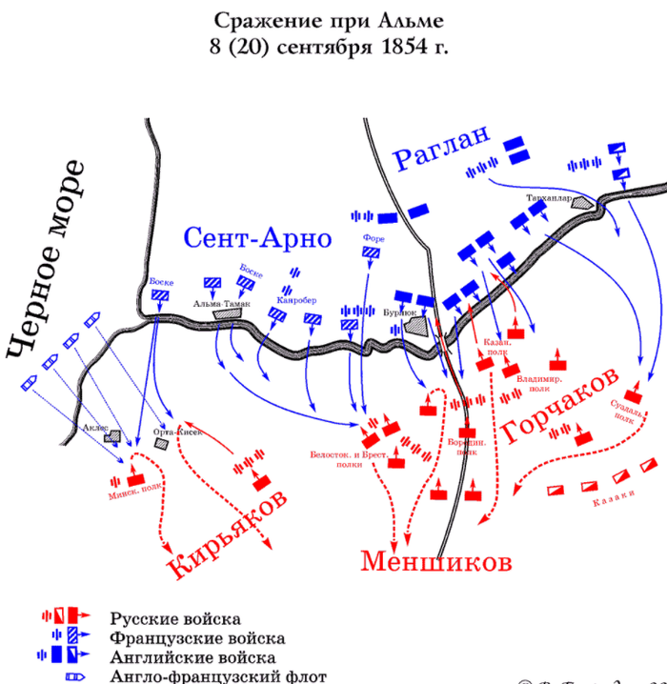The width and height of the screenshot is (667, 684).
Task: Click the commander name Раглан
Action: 442,151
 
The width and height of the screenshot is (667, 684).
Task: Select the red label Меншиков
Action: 435,561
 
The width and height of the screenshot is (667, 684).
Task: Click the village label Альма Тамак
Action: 221,303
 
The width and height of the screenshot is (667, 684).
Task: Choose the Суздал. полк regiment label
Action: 623,411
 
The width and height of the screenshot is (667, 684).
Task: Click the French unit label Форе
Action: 373,238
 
